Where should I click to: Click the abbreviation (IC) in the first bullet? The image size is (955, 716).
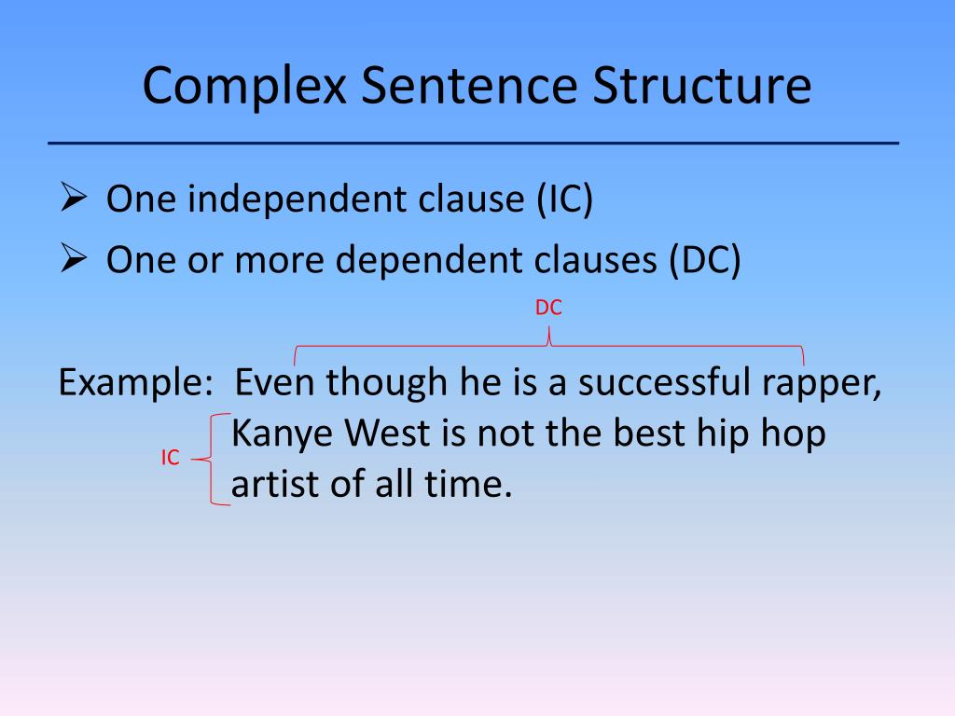pyautogui.click(x=563, y=201)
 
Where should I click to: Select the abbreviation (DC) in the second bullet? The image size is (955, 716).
pyautogui.click(x=703, y=262)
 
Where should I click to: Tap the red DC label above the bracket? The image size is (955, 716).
pyautogui.click(x=548, y=309)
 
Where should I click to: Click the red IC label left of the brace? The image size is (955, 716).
pyautogui.click(x=169, y=459)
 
